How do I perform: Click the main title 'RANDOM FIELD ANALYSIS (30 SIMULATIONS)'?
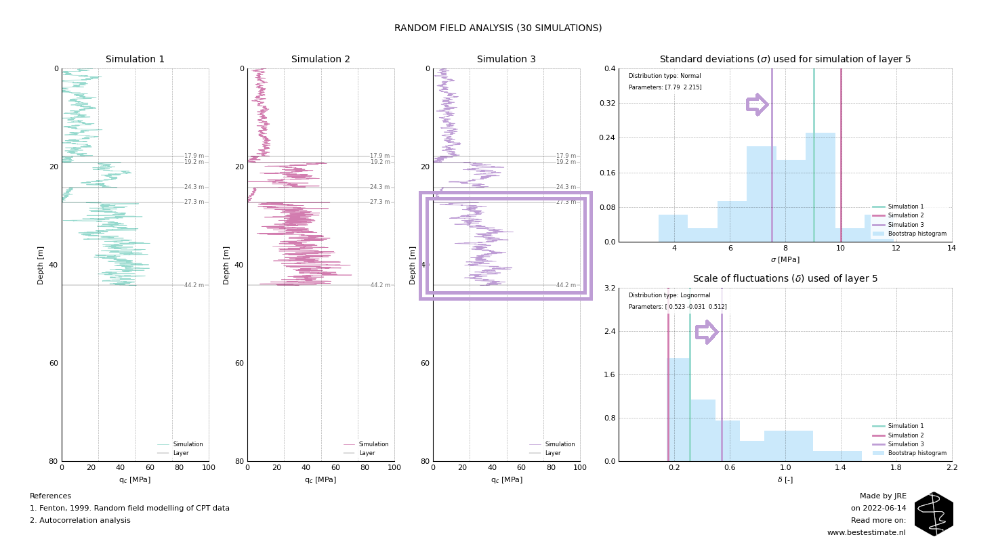click(x=498, y=28)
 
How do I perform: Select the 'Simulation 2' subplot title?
click(x=320, y=60)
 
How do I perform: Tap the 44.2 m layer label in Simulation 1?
click(x=194, y=285)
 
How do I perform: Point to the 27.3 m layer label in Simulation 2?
click(x=379, y=202)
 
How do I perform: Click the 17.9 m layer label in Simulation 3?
click(x=566, y=156)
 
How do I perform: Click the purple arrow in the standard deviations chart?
click(x=757, y=104)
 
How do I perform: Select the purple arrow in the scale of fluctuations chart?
click(x=706, y=332)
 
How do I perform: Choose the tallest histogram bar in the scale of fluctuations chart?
click(x=678, y=410)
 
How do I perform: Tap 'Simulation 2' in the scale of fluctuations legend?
click(x=905, y=435)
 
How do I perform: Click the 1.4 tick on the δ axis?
click(x=840, y=469)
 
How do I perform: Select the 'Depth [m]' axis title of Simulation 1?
click(x=41, y=265)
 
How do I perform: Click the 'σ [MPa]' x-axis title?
click(x=785, y=260)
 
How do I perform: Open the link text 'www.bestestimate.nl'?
click(x=866, y=533)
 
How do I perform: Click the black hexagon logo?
click(x=934, y=514)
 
